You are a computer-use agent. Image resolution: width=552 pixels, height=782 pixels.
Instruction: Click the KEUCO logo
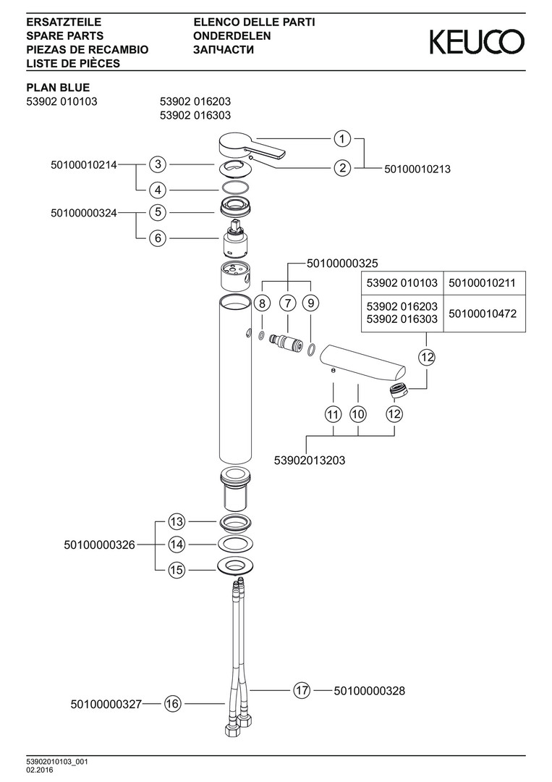[477, 42]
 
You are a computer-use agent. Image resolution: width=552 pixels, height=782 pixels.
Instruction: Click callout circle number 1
[342, 138]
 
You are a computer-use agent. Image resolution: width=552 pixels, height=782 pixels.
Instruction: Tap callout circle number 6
[158, 237]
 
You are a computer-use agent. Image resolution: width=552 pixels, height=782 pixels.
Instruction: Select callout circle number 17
[302, 691]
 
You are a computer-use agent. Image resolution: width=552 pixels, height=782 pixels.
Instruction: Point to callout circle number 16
[172, 703]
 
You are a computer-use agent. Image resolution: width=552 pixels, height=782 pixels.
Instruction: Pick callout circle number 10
[358, 415]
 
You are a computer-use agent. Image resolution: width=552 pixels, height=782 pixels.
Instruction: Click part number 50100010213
[417, 169]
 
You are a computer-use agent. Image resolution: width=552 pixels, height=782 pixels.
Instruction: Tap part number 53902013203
[310, 460]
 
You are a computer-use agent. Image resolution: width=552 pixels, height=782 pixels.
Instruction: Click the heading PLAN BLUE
[58, 88]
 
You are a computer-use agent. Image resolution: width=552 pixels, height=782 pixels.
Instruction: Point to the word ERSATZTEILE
[63, 22]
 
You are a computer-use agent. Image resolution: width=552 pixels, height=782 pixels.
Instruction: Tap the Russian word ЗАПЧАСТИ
[224, 49]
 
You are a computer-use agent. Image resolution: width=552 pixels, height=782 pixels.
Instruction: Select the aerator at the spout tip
[398, 391]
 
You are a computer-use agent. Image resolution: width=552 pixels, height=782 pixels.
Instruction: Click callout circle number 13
[177, 521]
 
